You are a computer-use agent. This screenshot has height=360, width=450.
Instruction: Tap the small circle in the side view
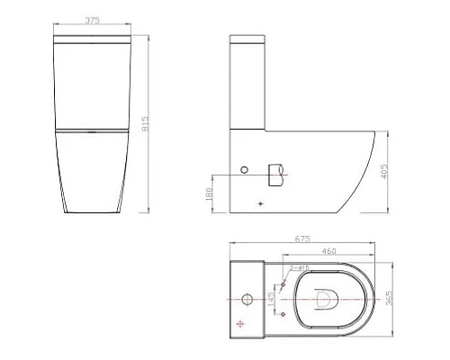[x=243, y=169]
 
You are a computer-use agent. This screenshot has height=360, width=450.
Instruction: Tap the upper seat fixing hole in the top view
[x=284, y=283]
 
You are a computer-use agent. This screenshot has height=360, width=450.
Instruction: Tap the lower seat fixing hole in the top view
[x=284, y=313]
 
